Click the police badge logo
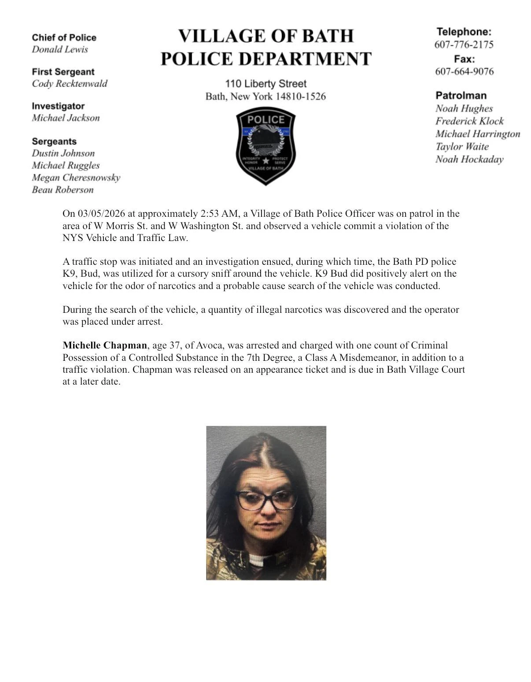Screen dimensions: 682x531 tap(265, 146)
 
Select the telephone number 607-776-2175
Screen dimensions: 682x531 tap(464, 44)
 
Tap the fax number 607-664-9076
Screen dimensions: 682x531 tap(464, 71)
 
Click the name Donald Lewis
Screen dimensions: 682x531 tap(59, 49)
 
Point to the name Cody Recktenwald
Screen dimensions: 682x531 tap(69, 84)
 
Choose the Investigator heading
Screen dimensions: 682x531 tap(58, 106)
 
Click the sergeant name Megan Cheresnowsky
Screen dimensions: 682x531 tap(76, 178)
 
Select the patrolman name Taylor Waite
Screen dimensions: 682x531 tap(462, 147)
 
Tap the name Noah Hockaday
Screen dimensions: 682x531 tap(469, 159)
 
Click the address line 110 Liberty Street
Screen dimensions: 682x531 tap(265, 84)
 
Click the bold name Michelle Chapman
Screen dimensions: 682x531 tap(104, 345)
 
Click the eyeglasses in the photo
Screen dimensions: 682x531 tap(265, 500)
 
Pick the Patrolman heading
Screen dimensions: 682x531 tap(461, 96)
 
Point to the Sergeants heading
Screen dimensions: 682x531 tap(54, 141)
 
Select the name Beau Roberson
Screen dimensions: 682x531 tap(63, 190)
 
